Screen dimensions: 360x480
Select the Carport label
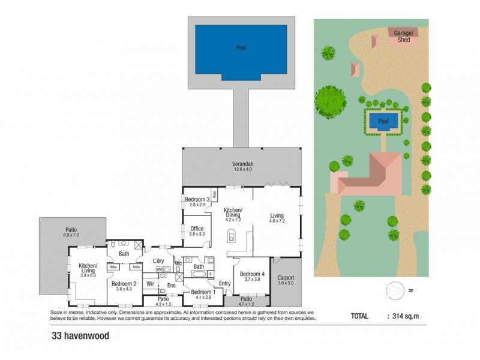click(x=286, y=278)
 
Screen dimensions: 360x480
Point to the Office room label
click(x=197, y=229)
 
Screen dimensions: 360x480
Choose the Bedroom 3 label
click(x=197, y=199)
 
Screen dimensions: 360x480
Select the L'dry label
click(x=158, y=260)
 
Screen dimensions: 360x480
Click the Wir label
click(x=151, y=283)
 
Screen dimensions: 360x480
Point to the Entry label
click(x=225, y=283)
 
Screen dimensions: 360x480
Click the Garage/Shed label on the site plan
click(x=400, y=36)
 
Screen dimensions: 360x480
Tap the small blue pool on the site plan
click(x=383, y=122)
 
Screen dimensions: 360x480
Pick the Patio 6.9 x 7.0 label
click(x=72, y=232)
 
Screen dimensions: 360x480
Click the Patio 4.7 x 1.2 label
click(x=246, y=301)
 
